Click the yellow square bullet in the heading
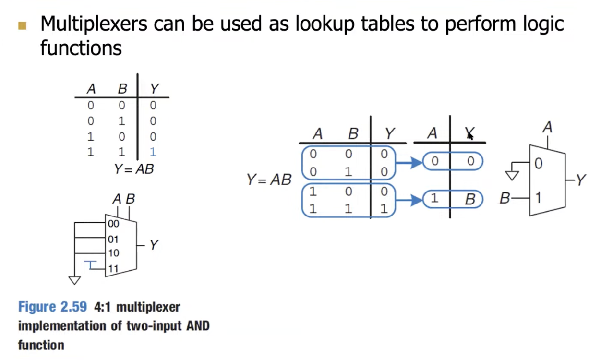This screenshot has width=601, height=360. pos(22,25)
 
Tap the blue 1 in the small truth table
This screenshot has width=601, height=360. pos(153,152)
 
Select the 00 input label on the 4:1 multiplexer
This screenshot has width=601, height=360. pos(114,224)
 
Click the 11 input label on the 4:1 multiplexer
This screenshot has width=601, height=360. pos(113,268)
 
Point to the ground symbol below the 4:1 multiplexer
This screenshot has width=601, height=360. pos(74,280)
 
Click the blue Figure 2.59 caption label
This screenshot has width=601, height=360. pos(52,307)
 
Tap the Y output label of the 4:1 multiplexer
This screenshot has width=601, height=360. pos(154,245)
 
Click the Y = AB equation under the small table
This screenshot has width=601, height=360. pos(134,169)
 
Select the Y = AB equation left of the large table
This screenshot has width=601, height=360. pos(269,180)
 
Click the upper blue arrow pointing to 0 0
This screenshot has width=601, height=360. pos(409,163)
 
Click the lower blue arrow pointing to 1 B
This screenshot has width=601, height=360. pos(409,199)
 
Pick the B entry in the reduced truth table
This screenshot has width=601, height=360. pos(469,199)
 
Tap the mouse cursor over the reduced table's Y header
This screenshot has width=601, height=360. pos(470,136)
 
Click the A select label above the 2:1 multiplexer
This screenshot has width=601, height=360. pos(547,128)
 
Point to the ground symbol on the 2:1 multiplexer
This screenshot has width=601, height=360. pos(512,174)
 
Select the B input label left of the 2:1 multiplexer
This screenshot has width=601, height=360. pos(505,198)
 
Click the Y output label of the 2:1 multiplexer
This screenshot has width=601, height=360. pos(581,180)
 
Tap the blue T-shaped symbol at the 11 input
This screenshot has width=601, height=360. pos(91,264)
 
